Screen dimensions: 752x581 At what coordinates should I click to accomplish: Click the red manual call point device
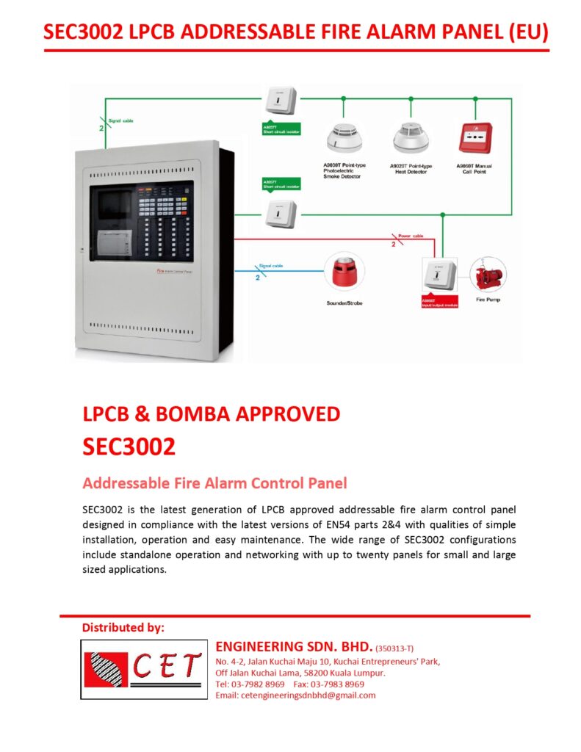[474, 137]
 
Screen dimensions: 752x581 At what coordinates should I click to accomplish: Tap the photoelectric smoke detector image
[344, 137]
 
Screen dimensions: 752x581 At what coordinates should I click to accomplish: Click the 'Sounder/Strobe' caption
[344, 303]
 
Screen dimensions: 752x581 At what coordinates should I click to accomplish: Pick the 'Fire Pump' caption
[488, 300]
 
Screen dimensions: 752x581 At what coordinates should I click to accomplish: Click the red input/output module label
[439, 302]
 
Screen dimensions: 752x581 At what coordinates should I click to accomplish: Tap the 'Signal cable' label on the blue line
[270, 266]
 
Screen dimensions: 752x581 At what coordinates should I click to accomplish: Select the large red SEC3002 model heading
[129, 446]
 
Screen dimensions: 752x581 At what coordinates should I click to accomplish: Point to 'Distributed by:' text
[123, 628]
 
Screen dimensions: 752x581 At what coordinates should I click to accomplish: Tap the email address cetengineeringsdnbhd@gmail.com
[295, 695]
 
